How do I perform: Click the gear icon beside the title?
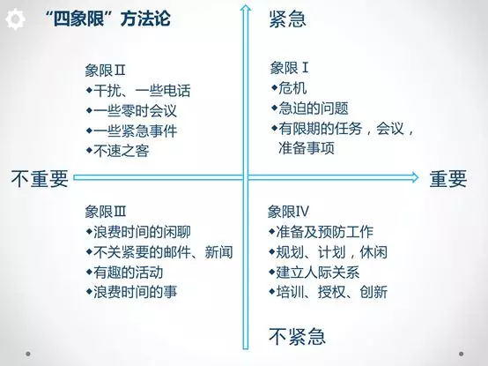coord(15,19)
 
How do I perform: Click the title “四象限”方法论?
coord(107,19)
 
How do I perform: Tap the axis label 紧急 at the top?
coord(287,19)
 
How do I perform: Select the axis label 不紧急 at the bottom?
coord(297,336)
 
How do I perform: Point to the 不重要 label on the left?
coord(40,179)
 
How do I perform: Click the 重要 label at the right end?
coord(448,179)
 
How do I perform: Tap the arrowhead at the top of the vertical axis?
coord(246,8)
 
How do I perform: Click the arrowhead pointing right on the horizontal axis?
coord(415,177)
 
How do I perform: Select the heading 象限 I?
coord(290,68)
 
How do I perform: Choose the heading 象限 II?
coord(105,71)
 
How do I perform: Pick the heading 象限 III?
coord(106,212)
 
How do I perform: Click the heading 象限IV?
coord(288,212)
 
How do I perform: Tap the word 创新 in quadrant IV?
coord(373,292)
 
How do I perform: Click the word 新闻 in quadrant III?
coord(218,252)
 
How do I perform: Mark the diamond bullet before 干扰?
coord(89,90)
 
